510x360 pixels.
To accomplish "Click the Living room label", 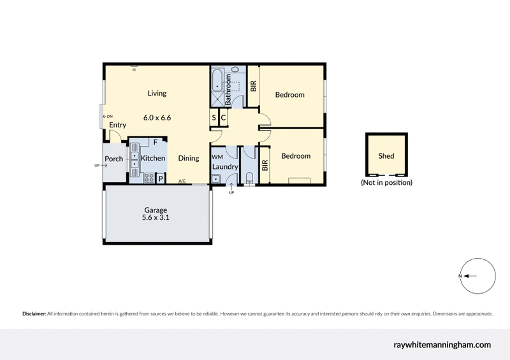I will pyautogui.click(x=157, y=93).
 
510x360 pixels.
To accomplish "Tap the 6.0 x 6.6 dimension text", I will pyautogui.click(x=157, y=117).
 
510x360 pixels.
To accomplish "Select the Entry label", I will pyautogui.click(x=117, y=125).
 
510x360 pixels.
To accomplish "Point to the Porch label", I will pyautogui.click(x=114, y=159).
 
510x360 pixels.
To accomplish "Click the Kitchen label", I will pyautogui.click(x=153, y=158).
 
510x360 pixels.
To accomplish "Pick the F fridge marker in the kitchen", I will pyautogui.click(x=155, y=142).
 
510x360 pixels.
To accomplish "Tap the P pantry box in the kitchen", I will pyautogui.click(x=161, y=178).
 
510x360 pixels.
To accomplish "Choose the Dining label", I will pyautogui.click(x=188, y=158).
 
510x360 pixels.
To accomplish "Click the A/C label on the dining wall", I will pyautogui.click(x=182, y=182).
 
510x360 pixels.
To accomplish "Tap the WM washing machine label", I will pyautogui.click(x=217, y=156).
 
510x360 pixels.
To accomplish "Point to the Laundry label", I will pyautogui.click(x=226, y=167).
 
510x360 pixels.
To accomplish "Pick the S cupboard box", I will pyautogui.click(x=214, y=117).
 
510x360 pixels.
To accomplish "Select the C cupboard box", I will pyautogui.click(x=223, y=117).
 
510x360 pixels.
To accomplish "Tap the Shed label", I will pyautogui.click(x=386, y=155).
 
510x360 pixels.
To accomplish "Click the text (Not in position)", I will pyautogui.click(x=386, y=183).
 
